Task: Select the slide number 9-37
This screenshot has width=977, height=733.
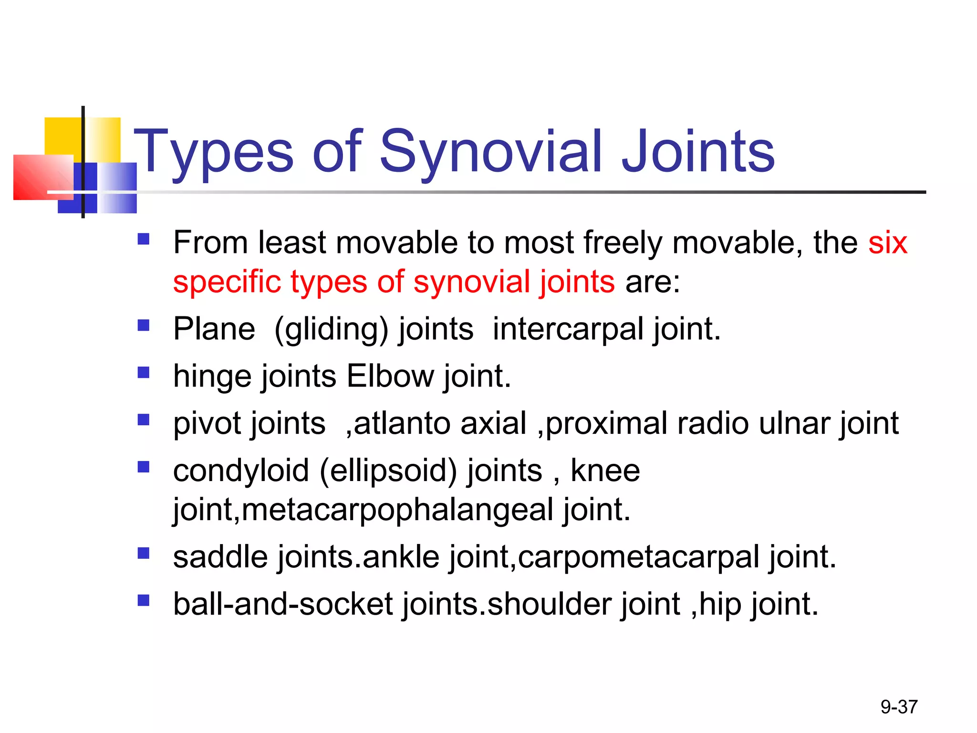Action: pos(899,707)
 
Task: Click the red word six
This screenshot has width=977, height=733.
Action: pos(887,242)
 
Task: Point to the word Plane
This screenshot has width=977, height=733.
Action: pos(214,329)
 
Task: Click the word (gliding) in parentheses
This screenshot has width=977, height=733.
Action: pos(332,330)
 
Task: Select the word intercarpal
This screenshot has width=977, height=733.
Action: pos(568,329)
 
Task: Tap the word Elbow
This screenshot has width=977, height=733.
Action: pos(390,376)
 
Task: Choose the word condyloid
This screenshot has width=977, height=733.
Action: pos(241,471)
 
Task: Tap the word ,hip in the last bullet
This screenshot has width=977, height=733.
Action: pos(716,604)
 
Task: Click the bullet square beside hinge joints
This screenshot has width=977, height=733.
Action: pos(143,372)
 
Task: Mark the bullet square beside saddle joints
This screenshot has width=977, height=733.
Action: pos(143,553)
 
